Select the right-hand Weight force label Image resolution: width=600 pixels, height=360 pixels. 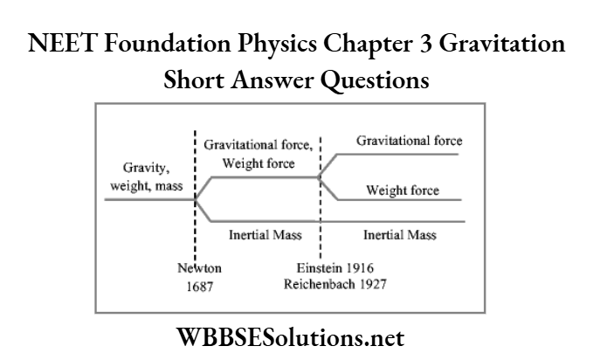[x=403, y=190]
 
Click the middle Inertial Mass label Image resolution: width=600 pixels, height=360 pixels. [x=259, y=234]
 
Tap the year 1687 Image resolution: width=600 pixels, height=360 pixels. [x=196, y=285]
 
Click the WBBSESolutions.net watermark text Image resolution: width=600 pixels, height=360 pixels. [x=300, y=337]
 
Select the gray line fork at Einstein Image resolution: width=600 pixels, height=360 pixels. [x=320, y=177]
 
